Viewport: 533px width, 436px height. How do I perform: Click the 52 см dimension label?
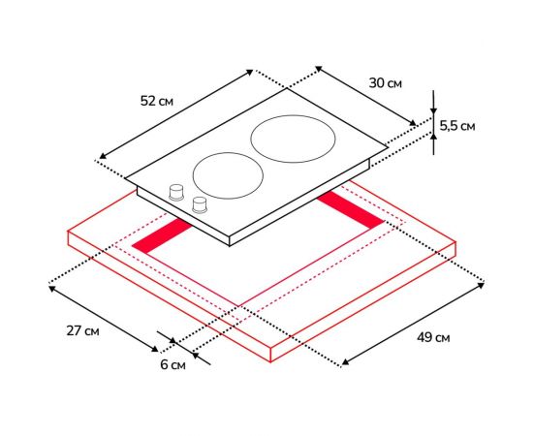coord(157,101)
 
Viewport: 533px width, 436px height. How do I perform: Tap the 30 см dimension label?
coord(385,83)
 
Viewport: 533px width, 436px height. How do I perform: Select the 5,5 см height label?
coord(457,126)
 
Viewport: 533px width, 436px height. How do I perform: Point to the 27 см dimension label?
coord(83,330)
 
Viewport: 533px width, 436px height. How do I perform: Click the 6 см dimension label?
coord(173,365)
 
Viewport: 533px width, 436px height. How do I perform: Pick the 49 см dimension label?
coord(433,338)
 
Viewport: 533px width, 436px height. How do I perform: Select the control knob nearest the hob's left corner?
coord(176,193)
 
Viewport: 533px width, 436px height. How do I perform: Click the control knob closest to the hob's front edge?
coord(200,204)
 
